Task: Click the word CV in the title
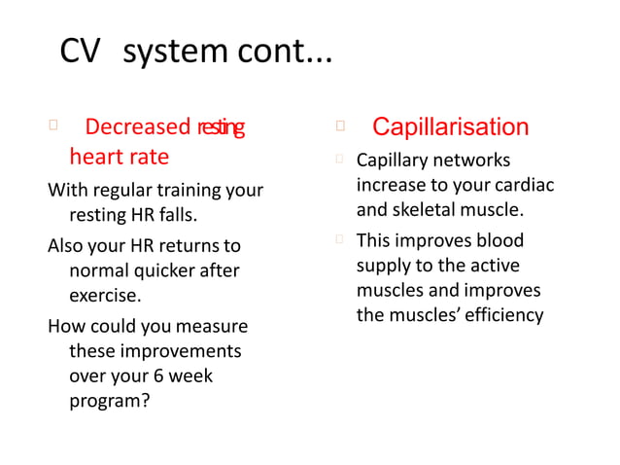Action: [80, 52]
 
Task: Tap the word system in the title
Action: [171, 53]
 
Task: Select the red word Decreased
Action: [138, 127]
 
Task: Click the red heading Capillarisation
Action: [450, 127]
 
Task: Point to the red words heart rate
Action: [119, 157]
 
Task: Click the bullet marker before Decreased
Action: [53, 125]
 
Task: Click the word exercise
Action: [105, 294]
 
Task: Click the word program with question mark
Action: [109, 399]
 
